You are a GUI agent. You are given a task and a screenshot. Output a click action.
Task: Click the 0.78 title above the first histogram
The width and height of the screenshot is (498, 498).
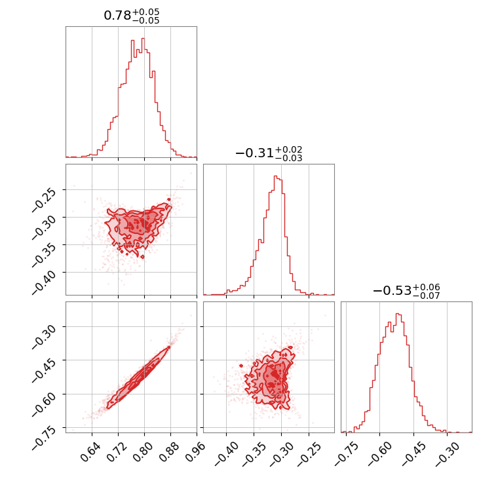(131, 16)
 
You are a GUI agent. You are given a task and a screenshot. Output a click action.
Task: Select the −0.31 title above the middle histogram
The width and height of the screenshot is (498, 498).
(269, 153)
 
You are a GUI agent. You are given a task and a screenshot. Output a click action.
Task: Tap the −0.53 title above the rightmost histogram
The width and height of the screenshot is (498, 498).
(406, 291)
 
